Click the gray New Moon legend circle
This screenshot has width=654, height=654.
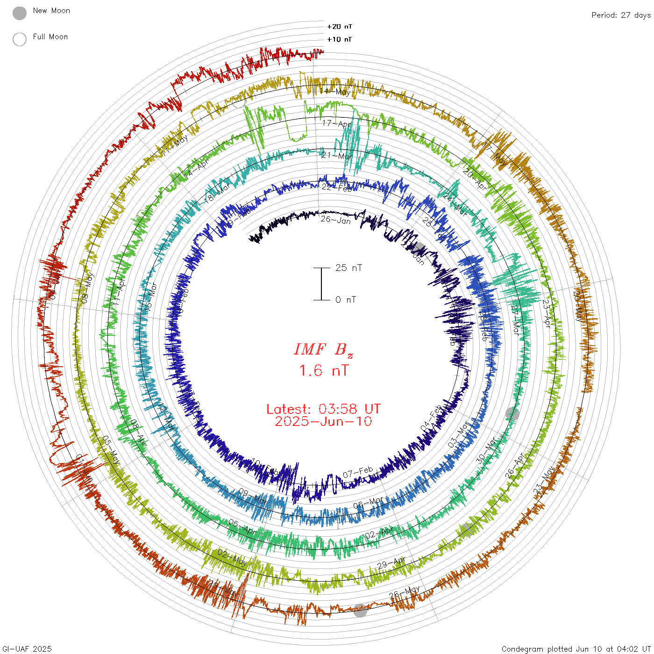[x=20, y=14]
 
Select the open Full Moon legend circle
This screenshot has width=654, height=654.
[x=20, y=40]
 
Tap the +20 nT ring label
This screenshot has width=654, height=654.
[x=340, y=27]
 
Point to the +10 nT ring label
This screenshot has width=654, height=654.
[x=340, y=40]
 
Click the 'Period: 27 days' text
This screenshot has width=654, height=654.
[x=621, y=15]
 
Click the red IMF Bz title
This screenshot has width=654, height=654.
[x=323, y=349]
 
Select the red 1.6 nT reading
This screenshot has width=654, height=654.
[x=323, y=371]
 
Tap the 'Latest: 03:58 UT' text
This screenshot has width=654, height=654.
[x=323, y=409]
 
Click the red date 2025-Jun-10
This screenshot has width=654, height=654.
[x=323, y=422]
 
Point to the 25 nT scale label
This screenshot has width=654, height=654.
[x=348, y=268]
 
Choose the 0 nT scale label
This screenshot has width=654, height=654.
[x=346, y=300]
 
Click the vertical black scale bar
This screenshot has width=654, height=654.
[x=321, y=284]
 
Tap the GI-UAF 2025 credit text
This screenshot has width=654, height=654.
[x=27, y=649]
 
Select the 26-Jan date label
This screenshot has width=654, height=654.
[x=335, y=220]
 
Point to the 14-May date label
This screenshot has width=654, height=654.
[x=334, y=92]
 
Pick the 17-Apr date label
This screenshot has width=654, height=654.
[x=337, y=124]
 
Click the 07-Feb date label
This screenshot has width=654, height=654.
[x=358, y=473]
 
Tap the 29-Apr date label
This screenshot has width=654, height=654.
[x=391, y=563]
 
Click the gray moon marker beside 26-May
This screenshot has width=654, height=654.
[x=360, y=610]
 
